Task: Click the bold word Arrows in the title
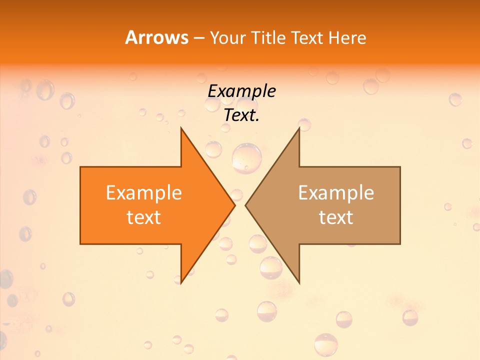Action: point(156,37)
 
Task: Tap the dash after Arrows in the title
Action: point(198,38)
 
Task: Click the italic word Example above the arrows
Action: point(241,91)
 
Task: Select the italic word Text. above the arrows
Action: point(241,115)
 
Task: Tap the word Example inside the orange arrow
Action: point(144,192)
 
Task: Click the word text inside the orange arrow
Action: point(144,217)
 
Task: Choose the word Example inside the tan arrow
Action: point(336,192)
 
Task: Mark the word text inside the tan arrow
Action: point(336,217)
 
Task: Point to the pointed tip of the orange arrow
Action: point(234,205)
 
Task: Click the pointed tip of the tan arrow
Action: point(246,205)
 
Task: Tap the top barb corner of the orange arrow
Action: point(181,128)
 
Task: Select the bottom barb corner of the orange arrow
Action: point(181,282)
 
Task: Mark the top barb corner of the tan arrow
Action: point(299,128)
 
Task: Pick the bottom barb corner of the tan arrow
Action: point(299,282)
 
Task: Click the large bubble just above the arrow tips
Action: point(247,158)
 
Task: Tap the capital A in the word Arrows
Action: point(131,37)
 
